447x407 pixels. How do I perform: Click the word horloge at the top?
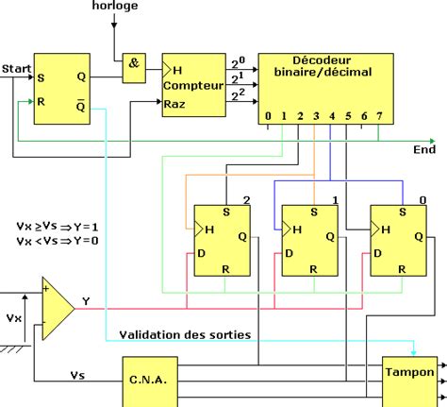pos(115,6)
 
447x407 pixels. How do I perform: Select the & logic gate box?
pos(134,68)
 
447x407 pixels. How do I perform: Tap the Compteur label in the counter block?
pos(193,86)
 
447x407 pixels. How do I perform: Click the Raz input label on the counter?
pos(174,104)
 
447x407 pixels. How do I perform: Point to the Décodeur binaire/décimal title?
pos(323,66)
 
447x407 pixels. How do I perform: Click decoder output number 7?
pos(379,116)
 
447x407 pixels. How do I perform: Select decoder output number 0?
pos(268,116)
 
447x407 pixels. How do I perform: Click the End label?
pos(424,149)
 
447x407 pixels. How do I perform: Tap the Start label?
pos(16,69)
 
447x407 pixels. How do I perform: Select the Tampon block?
pos(409,382)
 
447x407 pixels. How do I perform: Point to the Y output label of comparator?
pos(86,301)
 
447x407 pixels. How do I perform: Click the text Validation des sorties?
pos(185,334)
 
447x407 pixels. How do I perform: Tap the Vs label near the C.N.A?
pos(77,375)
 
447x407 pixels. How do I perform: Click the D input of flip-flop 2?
pos(201,253)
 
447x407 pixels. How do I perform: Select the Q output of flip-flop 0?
pos(419,236)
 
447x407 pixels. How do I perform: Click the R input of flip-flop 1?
pos(313,269)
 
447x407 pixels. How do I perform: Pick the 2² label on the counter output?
pos(238,94)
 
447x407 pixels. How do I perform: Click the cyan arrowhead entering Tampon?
pos(414,352)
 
